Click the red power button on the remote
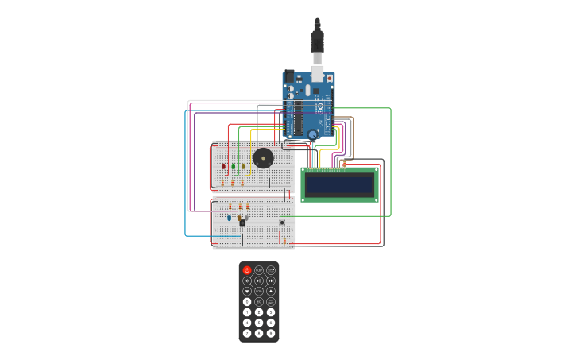247,270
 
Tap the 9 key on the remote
271,333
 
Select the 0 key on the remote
247,302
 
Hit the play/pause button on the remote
259,281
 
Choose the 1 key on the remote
247,312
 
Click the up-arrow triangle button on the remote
271,291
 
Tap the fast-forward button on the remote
271,281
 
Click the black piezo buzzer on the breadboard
263,158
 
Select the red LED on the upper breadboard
223,166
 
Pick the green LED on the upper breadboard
233,166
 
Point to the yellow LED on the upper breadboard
243,166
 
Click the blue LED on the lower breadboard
230,217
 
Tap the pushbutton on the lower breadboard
282,223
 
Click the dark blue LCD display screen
339,185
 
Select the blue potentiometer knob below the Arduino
312,134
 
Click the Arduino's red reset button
329,79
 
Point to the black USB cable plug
317,40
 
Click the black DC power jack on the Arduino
290,77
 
